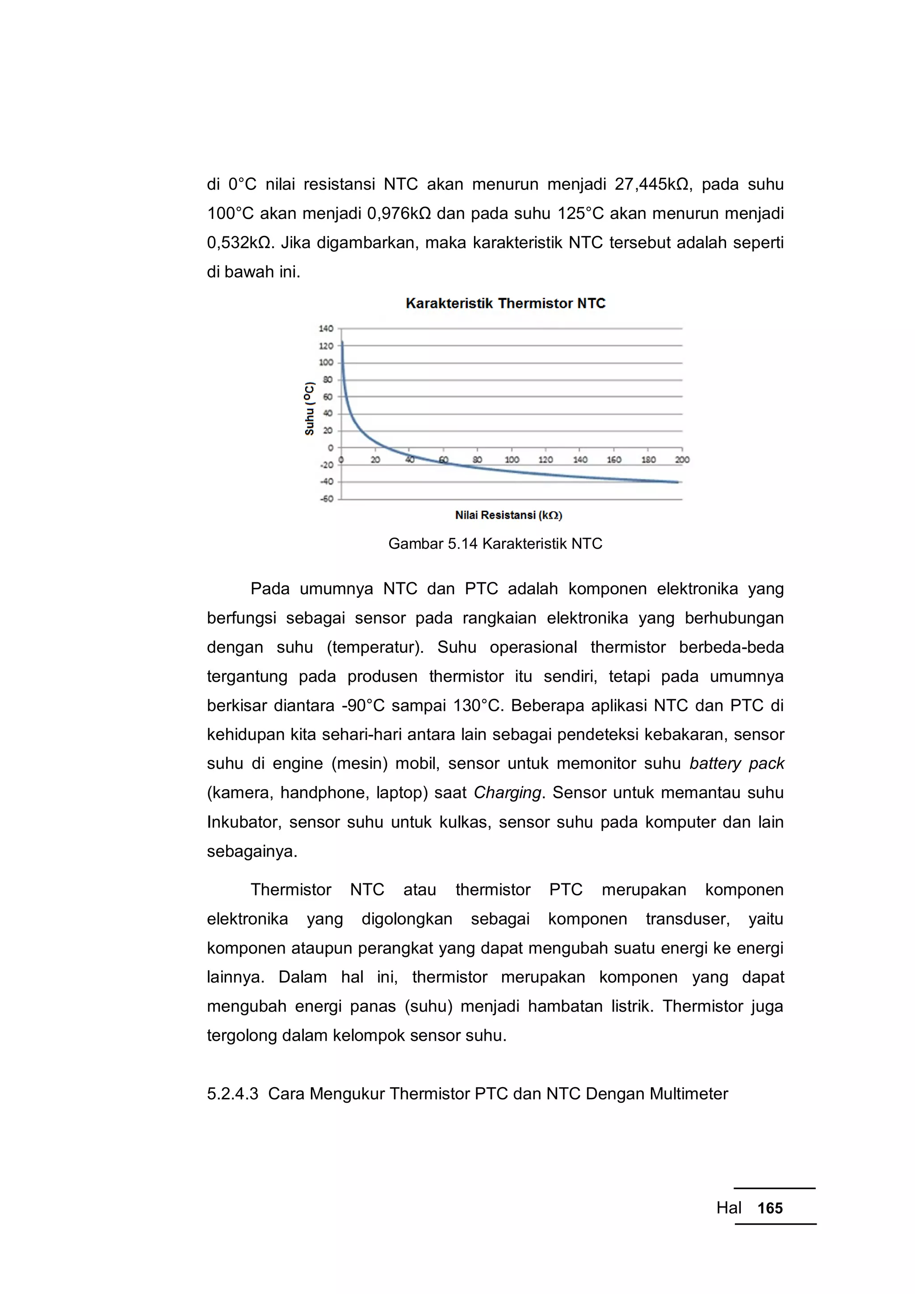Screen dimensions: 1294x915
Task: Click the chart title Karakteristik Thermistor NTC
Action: coord(505,303)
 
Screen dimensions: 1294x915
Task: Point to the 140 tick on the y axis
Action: coord(326,328)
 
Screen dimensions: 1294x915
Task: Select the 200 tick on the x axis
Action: coord(682,460)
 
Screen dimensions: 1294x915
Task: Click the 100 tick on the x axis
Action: coord(512,460)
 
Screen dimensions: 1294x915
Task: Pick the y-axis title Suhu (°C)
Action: coord(309,408)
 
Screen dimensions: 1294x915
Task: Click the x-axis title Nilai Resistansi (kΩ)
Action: coord(508,515)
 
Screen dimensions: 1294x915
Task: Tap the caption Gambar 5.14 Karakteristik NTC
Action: coord(495,544)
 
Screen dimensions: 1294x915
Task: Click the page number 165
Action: coord(770,1208)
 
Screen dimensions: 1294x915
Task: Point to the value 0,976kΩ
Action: coord(399,214)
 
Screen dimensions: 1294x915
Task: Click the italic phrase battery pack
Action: coord(736,763)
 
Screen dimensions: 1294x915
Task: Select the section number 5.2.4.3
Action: coord(232,1094)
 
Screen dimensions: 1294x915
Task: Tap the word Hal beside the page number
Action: coord(729,1208)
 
